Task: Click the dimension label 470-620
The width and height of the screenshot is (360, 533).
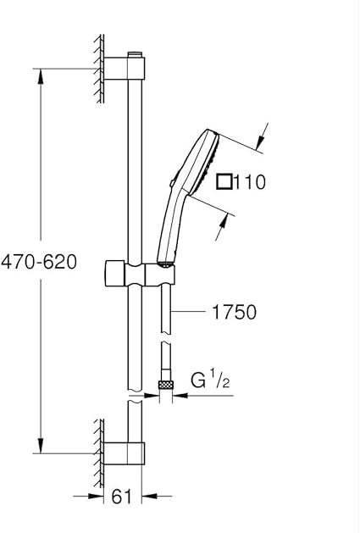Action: click(39, 262)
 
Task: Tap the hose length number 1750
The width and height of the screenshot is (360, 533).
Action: click(235, 312)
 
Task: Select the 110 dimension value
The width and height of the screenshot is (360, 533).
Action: click(249, 182)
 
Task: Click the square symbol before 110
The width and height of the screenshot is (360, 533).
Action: click(224, 181)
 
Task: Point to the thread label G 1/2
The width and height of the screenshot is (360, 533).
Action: click(210, 380)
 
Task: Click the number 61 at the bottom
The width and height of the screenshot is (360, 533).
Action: click(121, 497)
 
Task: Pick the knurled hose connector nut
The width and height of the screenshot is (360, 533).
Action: click(165, 385)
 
